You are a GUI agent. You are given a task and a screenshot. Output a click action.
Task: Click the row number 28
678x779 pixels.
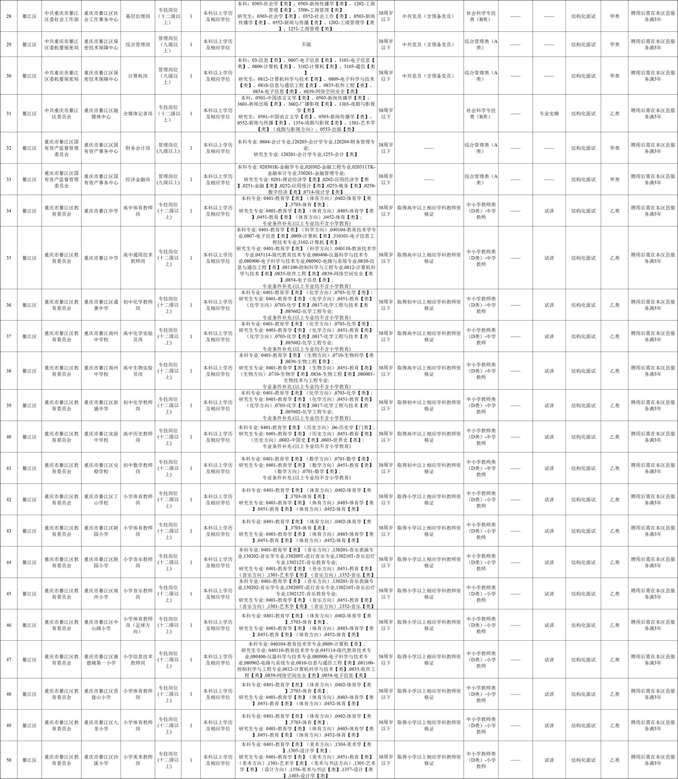click(x=9, y=16)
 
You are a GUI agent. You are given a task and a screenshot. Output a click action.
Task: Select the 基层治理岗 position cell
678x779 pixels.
click(x=138, y=16)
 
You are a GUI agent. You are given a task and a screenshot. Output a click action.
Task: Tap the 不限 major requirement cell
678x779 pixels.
click(x=306, y=44)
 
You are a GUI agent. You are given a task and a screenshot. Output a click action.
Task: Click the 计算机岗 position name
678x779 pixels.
click(x=138, y=76)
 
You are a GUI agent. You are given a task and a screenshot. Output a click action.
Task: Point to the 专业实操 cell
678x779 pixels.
click(x=549, y=113)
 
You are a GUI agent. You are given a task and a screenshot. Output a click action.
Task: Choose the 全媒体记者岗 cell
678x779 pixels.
click(x=138, y=113)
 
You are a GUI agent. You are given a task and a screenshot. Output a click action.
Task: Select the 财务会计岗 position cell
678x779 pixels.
click(x=138, y=148)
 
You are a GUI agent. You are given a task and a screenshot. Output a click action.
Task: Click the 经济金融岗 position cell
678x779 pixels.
click(x=138, y=179)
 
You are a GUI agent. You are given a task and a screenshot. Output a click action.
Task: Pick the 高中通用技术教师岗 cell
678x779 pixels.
click(x=138, y=258)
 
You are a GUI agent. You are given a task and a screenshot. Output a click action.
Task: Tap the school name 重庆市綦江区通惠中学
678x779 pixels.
click(x=101, y=305)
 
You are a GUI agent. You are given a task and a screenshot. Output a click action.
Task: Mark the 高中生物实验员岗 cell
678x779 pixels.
click(x=138, y=371)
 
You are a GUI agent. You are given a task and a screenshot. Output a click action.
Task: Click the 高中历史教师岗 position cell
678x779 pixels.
click(x=138, y=437)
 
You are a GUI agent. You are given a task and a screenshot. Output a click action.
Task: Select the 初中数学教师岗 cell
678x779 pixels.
click(x=138, y=468)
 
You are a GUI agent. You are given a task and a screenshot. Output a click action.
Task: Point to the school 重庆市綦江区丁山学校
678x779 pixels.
click(x=101, y=500)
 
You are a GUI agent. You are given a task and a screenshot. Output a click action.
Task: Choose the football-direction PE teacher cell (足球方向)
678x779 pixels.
click(x=138, y=625)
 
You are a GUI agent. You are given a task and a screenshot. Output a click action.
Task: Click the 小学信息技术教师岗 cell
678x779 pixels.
click(x=138, y=660)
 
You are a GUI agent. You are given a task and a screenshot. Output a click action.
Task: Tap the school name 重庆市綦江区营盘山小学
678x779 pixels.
click(x=101, y=694)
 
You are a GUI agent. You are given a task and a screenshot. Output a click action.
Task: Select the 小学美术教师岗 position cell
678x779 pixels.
click(x=138, y=760)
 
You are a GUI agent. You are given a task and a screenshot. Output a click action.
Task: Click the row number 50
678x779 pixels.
click(x=9, y=760)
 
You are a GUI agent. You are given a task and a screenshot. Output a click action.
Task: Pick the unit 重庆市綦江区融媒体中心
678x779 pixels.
click(x=101, y=113)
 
